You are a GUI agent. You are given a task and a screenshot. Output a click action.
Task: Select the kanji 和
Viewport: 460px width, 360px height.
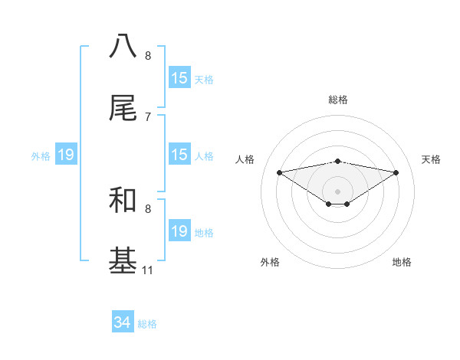click(x=123, y=200)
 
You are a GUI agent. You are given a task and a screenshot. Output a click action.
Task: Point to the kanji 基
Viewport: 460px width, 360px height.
click(x=123, y=261)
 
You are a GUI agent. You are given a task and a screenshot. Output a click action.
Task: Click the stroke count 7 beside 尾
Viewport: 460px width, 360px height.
click(x=148, y=116)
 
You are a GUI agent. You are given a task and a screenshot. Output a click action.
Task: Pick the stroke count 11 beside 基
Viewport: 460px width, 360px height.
click(x=148, y=270)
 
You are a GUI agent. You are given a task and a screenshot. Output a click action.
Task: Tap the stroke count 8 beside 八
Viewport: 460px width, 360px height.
click(x=148, y=55)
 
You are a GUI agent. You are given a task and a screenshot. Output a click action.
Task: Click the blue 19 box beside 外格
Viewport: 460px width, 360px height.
click(x=65, y=155)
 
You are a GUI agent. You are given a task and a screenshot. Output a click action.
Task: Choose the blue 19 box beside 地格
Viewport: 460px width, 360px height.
click(x=179, y=231)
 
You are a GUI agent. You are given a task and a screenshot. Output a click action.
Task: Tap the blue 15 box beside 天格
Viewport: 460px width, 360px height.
click(x=179, y=77)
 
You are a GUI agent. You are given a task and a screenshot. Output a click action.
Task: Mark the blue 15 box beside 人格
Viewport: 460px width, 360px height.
click(x=179, y=155)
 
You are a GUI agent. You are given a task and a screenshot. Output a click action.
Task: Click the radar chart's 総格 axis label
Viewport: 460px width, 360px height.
click(x=337, y=100)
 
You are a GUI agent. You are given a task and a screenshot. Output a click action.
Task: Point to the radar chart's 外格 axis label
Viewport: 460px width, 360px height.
click(x=270, y=262)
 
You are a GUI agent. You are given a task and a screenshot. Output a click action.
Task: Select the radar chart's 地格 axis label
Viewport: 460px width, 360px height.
click(x=402, y=262)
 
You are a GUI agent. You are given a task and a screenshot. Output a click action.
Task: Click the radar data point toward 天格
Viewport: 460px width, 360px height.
click(x=396, y=172)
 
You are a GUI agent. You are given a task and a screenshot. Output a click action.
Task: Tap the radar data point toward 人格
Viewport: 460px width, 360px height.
click(x=279, y=172)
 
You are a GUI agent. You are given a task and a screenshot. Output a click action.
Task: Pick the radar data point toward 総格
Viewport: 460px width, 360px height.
click(x=337, y=161)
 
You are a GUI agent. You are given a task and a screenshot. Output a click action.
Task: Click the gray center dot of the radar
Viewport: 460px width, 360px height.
click(x=337, y=191)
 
